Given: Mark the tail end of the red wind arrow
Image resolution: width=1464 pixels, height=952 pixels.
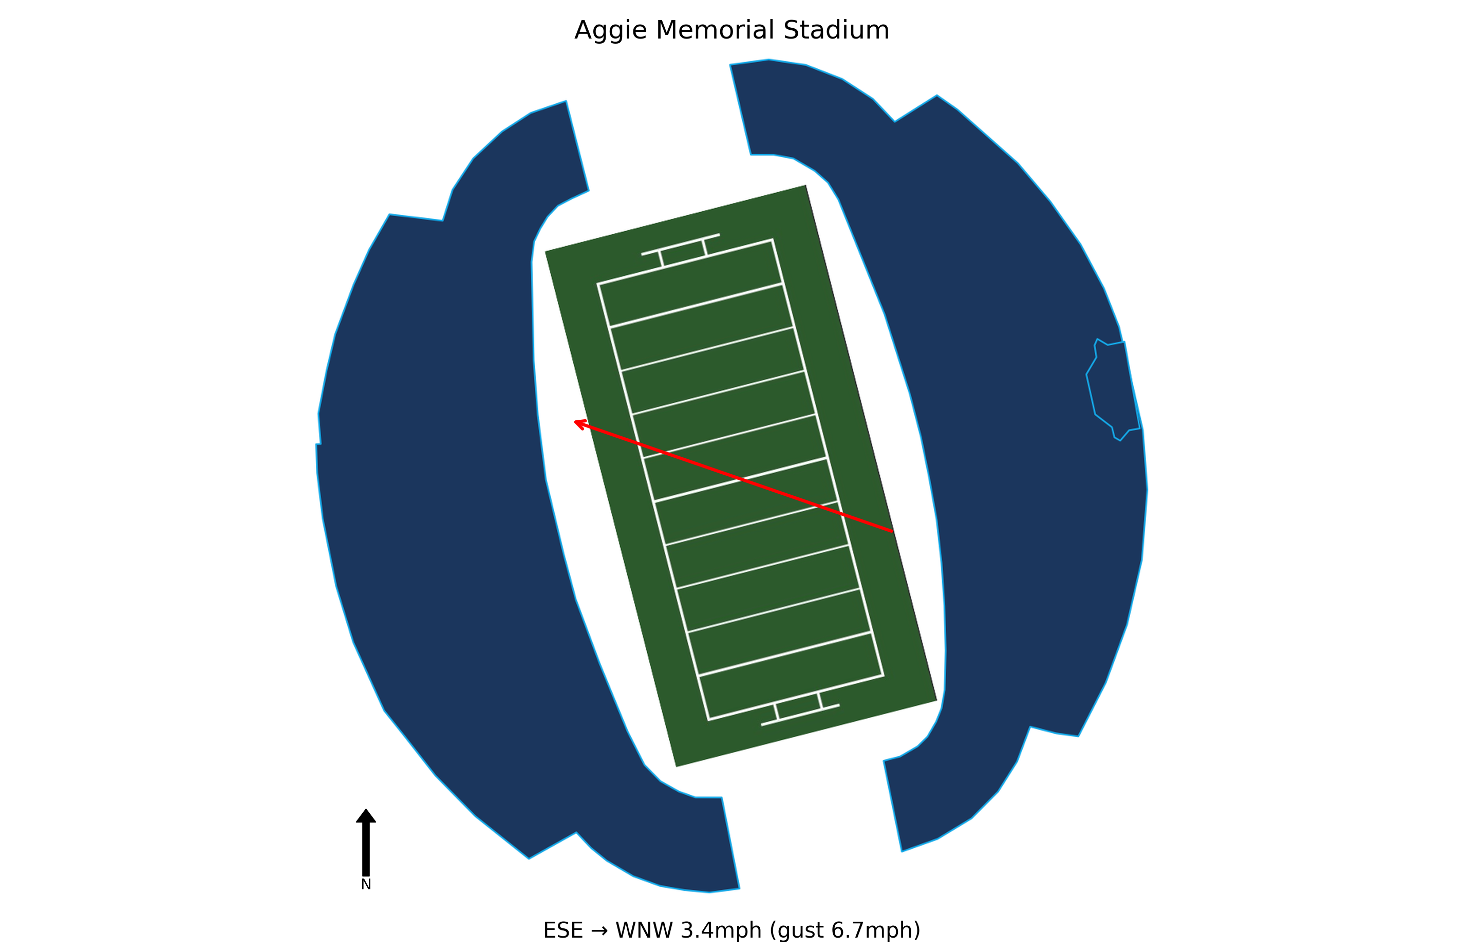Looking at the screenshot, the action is pos(893,531).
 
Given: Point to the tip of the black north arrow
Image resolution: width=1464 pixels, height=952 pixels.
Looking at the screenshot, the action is pos(366,809).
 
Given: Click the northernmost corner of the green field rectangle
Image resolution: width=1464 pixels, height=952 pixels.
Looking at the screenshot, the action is pos(806,185).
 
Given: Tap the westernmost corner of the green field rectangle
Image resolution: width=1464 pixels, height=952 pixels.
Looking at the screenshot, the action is pos(546,251).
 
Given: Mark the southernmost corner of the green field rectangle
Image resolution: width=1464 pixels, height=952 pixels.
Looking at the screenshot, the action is pos(677,767).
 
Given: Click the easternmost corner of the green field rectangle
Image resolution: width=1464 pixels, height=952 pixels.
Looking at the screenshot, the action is pos(937,700).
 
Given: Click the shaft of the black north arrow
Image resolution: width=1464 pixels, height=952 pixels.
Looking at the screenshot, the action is pos(366,849).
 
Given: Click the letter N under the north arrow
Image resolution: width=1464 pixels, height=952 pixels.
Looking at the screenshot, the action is pos(366,885).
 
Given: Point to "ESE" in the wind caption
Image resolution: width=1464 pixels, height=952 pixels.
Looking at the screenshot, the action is pos(563,930).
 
